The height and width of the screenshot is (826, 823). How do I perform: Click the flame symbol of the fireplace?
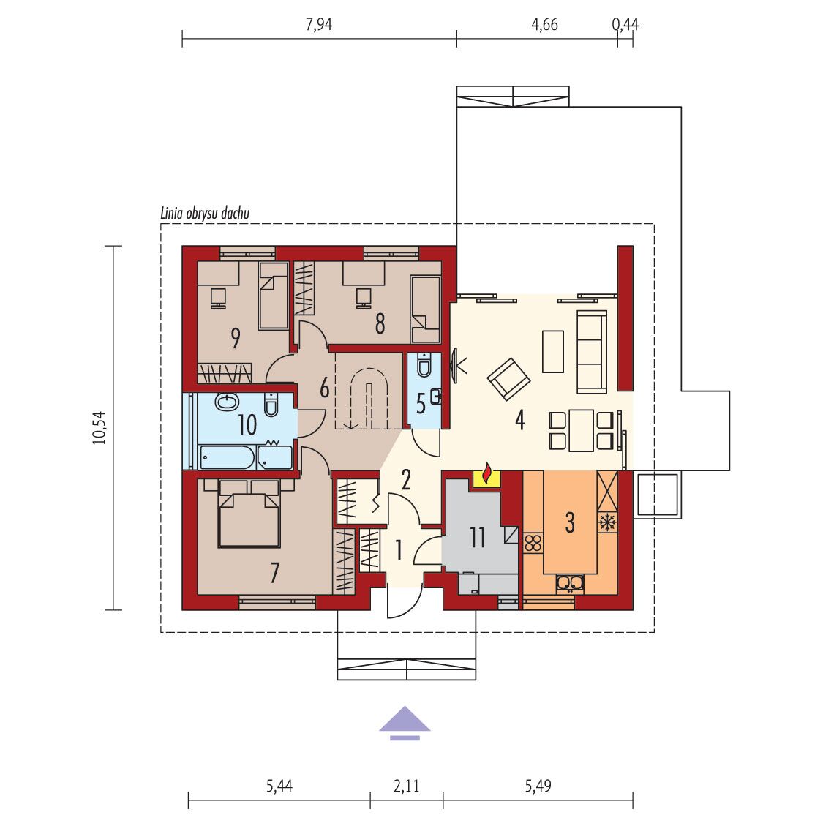(x=488, y=473)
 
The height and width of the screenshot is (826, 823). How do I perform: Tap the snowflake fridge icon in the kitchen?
(x=607, y=522)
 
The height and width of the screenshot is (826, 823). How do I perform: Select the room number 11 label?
(x=478, y=537)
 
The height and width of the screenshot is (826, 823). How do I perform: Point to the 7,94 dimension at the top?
(x=319, y=24)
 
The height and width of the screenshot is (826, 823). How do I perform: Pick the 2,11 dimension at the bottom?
(x=406, y=786)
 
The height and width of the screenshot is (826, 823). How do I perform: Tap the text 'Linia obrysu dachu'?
(x=205, y=214)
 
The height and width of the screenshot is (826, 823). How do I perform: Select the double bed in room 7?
(x=249, y=514)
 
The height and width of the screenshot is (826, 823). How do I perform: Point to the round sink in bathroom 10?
(x=227, y=402)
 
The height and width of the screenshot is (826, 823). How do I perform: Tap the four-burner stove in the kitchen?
(x=533, y=543)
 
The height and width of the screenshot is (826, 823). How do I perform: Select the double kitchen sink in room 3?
(x=570, y=582)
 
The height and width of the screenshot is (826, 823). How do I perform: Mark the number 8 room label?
(x=380, y=323)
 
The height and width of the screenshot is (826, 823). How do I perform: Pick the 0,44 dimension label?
(x=625, y=24)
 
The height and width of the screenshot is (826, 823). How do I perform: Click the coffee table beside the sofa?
(x=553, y=351)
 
